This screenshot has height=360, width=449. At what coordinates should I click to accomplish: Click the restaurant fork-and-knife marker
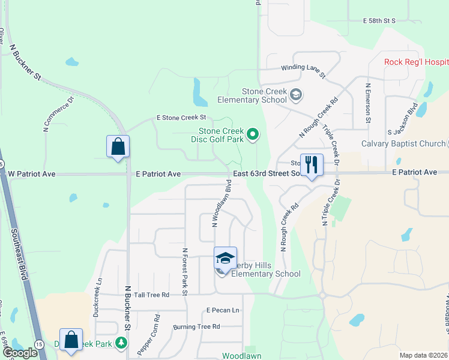point(311,164)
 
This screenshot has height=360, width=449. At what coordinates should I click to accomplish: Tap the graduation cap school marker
point(225,259)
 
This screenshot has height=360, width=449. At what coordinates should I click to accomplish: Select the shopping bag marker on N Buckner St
point(118,146)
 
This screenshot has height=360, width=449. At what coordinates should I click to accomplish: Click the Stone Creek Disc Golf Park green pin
point(253,134)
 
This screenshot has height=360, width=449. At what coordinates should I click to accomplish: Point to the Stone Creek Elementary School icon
point(295,95)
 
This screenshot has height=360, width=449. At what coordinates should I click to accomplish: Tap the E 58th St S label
point(379,20)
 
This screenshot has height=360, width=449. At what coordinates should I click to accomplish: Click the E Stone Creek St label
point(181,118)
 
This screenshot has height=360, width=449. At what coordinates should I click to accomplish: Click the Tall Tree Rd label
point(152,295)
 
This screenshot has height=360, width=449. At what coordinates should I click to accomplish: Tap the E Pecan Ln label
point(223,310)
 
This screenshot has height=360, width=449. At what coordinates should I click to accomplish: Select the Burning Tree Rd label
point(197,326)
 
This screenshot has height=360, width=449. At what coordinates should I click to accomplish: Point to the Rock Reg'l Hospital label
point(416,62)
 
